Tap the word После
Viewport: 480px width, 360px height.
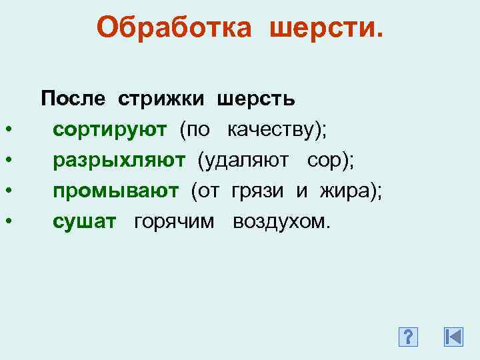coord(73,99)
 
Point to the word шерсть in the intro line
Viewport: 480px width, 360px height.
coord(255,99)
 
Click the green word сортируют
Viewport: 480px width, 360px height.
coord(110,129)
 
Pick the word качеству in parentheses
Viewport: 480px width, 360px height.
coord(274,129)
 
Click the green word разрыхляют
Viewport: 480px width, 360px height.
coord(119,160)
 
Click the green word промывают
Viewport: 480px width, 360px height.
coord(116,191)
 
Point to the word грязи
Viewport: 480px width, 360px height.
coord(260,191)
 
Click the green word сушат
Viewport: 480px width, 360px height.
coord(84,221)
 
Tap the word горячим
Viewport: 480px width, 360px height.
coord(174,221)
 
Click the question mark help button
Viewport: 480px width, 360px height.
coord(407,337)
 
